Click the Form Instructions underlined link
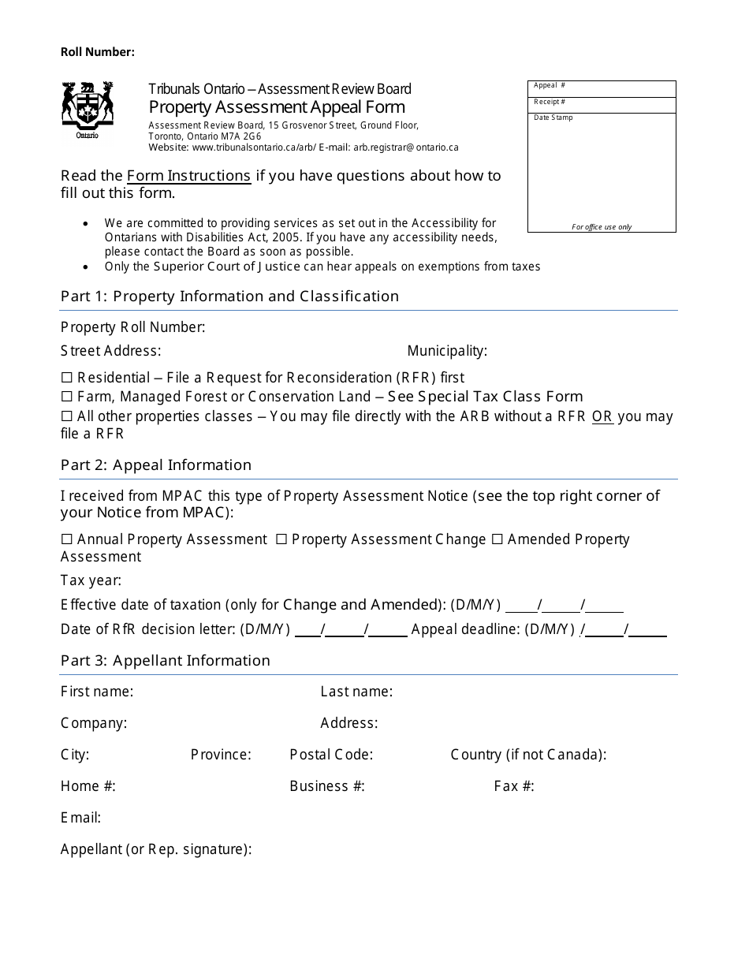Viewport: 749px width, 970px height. [188, 176]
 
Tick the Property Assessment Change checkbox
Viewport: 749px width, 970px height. [281, 539]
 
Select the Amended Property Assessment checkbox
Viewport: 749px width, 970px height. [497, 539]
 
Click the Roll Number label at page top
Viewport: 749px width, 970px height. [98, 52]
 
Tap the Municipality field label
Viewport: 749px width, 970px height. [447, 351]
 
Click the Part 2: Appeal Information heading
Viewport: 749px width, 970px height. [156, 465]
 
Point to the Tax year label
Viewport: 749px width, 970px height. [91, 581]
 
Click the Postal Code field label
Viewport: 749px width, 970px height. [331, 755]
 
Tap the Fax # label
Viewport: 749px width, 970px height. [514, 786]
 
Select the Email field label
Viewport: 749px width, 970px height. [80, 818]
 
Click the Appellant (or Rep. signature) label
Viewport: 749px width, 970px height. [156, 849]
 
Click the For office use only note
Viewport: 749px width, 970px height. [602, 227]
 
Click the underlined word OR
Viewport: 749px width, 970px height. [602, 416]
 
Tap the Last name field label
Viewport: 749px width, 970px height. [356, 692]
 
